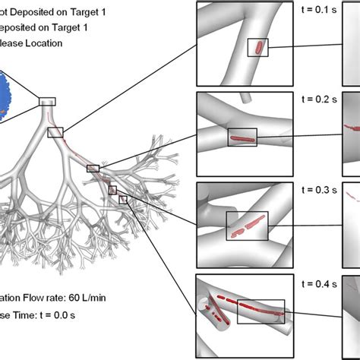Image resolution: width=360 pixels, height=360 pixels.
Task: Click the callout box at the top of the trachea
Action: pyautogui.click(x=47, y=101)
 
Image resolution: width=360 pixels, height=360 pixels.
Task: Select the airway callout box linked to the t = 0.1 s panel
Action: pyautogui.click(x=55, y=132)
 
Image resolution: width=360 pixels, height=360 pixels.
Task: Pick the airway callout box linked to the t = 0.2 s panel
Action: pyautogui.click(x=93, y=169)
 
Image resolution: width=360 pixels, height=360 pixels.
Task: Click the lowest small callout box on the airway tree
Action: pyautogui.click(x=123, y=200)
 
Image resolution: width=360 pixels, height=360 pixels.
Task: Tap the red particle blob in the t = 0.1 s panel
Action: pyautogui.click(x=260, y=48)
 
